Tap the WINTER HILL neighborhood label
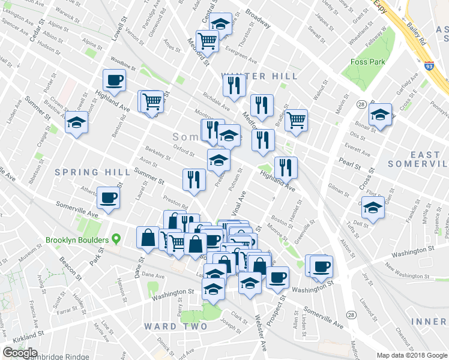point(259,76)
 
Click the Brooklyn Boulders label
point(77,240)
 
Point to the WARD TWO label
point(175,326)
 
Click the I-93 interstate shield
point(429,64)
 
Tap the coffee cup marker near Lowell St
point(114,80)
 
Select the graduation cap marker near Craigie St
point(76,122)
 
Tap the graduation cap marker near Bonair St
point(380,114)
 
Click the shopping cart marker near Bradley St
point(296,119)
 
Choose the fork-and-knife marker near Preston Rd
point(194,179)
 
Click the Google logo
point(20,353)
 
